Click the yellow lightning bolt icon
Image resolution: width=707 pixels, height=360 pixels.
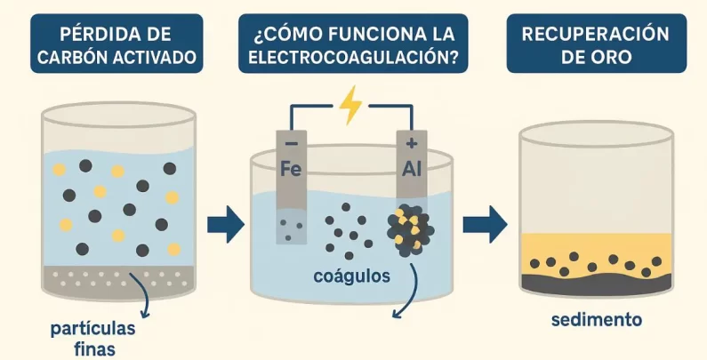click(351, 105)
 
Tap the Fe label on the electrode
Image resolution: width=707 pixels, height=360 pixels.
click(291, 169)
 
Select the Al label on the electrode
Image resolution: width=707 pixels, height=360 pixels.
click(411, 169)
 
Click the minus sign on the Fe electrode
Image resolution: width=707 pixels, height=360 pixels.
click(290, 143)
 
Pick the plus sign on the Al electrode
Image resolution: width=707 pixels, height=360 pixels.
click(411, 142)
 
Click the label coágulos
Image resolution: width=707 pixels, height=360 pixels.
click(352, 276)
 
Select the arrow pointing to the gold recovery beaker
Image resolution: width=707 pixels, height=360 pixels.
click(485, 225)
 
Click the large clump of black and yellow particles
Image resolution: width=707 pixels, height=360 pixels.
click(410, 229)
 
